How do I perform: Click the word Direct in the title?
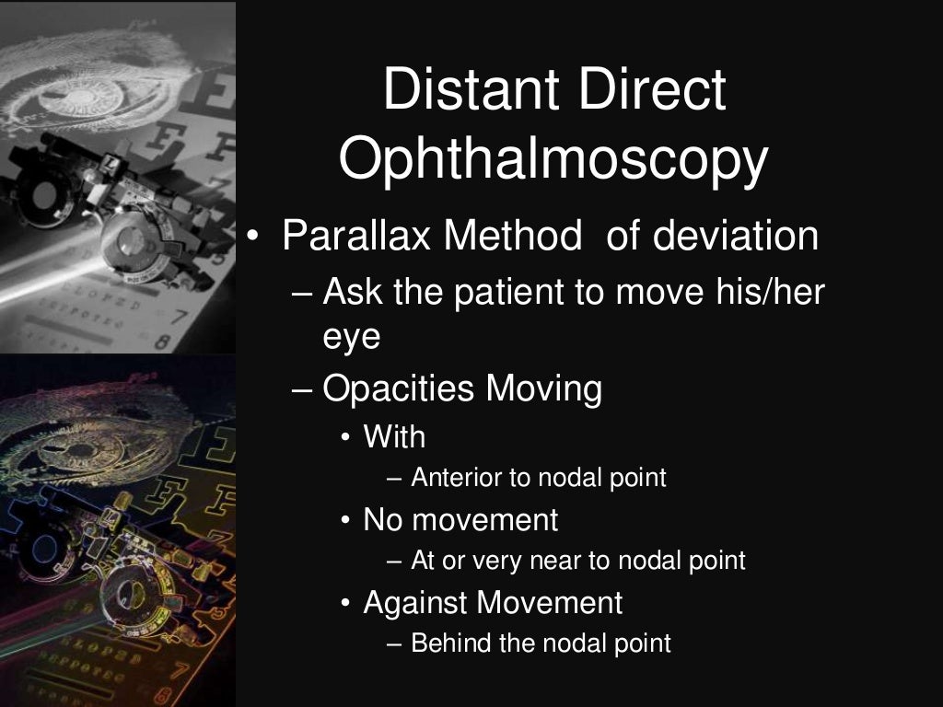(x=645, y=90)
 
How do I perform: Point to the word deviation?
(x=737, y=236)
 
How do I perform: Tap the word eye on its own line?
(x=351, y=336)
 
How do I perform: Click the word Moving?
(x=544, y=388)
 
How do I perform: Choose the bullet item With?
(x=394, y=436)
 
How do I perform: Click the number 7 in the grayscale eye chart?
(x=179, y=318)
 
